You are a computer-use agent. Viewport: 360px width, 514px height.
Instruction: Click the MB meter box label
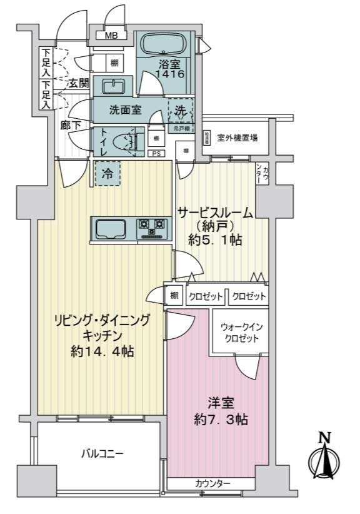pyautogui.click(x=110, y=35)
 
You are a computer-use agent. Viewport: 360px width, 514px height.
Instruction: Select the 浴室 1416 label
pyautogui.click(x=171, y=69)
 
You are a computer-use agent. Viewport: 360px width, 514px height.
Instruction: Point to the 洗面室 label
pyautogui.click(x=125, y=110)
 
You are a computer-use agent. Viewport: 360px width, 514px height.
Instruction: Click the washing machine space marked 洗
pyautogui.click(x=180, y=110)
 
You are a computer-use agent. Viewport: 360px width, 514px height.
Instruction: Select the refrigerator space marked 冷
pyautogui.click(x=108, y=173)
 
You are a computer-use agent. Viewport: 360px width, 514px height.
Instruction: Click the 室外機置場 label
pyautogui.click(x=238, y=138)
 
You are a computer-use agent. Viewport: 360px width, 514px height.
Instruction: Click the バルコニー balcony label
pyautogui.click(x=102, y=453)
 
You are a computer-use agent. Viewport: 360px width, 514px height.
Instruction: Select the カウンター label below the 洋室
pyautogui.click(x=212, y=483)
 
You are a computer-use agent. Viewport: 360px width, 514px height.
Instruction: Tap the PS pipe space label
pyautogui.click(x=156, y=153)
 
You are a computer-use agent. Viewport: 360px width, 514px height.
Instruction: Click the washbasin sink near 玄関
pyautogui.click(x=112, y=86)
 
